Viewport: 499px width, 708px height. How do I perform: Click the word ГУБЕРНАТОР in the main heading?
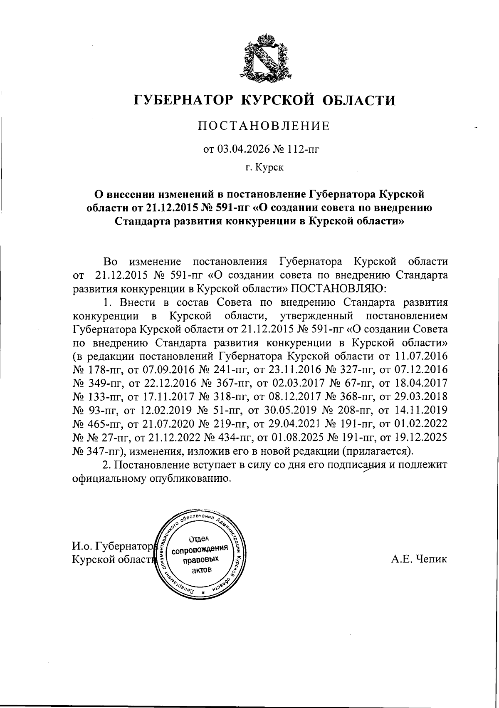tap(184, 100)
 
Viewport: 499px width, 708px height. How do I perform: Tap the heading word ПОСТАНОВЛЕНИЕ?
tap(264, 126)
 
